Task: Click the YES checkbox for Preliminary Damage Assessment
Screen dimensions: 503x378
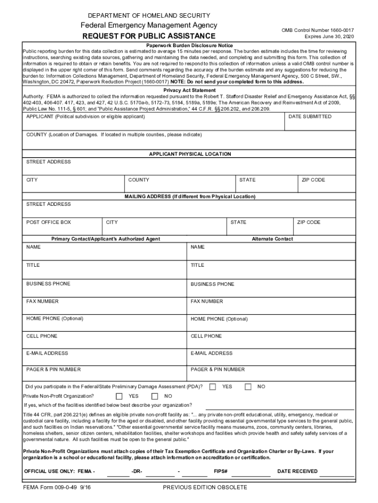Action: coord(213,387)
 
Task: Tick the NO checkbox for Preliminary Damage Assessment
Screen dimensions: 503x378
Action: coord(248,387)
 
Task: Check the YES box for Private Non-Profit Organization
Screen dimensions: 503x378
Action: coord(119,396)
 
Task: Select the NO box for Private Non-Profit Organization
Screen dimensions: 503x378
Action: coord(155,396)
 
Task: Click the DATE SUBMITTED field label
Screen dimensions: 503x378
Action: coord(310,117)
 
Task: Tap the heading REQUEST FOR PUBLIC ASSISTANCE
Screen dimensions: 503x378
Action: coord(149,36)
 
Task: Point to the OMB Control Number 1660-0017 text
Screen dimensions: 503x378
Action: coord(317,30)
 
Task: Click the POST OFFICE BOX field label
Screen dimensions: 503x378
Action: coord(49,223)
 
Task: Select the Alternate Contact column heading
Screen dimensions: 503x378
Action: coord(272,239)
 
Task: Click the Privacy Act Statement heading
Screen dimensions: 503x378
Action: coord(189,90)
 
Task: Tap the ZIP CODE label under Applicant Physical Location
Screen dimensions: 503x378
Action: coord(313,180)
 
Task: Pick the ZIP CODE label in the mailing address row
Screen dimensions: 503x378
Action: coord(309,223)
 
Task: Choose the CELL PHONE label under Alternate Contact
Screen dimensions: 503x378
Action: coord(206,336)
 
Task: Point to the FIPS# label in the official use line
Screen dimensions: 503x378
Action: coord(220,472)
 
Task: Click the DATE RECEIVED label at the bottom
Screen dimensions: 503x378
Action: coord(297,472)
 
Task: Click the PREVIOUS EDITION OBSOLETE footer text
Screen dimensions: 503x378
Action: coord(205,488)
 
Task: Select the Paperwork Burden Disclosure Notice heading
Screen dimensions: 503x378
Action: coord(189,46)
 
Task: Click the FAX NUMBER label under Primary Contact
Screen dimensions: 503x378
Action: coord(42,302)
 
